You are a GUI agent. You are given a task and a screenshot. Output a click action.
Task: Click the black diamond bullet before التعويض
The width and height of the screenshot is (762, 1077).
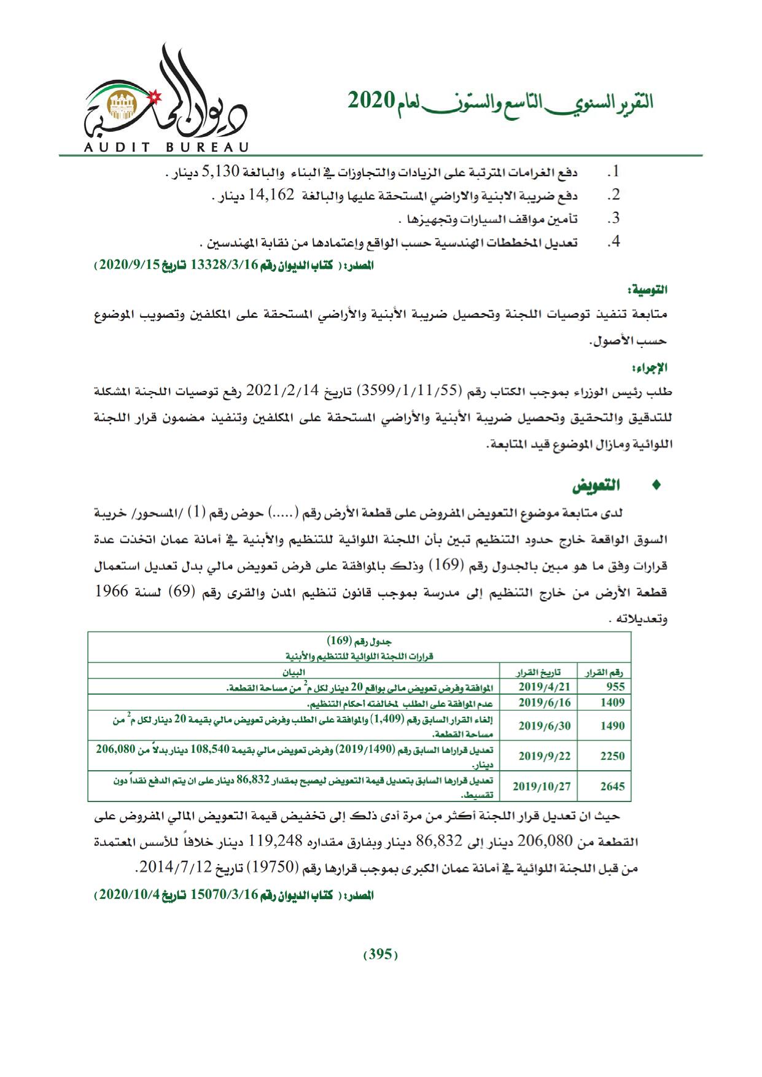(656, 485)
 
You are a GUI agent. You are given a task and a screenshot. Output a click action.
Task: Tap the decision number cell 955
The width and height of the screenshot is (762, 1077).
(615, 687)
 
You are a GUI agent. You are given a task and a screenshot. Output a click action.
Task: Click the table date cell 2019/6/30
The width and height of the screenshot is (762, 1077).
(545, 725)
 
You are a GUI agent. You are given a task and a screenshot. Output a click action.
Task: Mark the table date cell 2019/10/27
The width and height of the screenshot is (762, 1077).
(542, 786)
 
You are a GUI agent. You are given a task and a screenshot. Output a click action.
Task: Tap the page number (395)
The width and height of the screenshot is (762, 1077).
(381, 954)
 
